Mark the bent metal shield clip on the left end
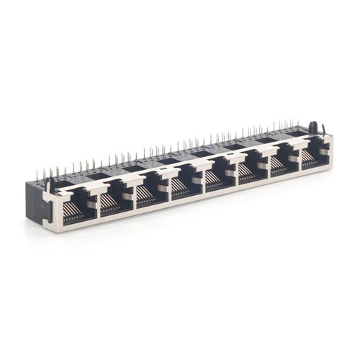50,188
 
